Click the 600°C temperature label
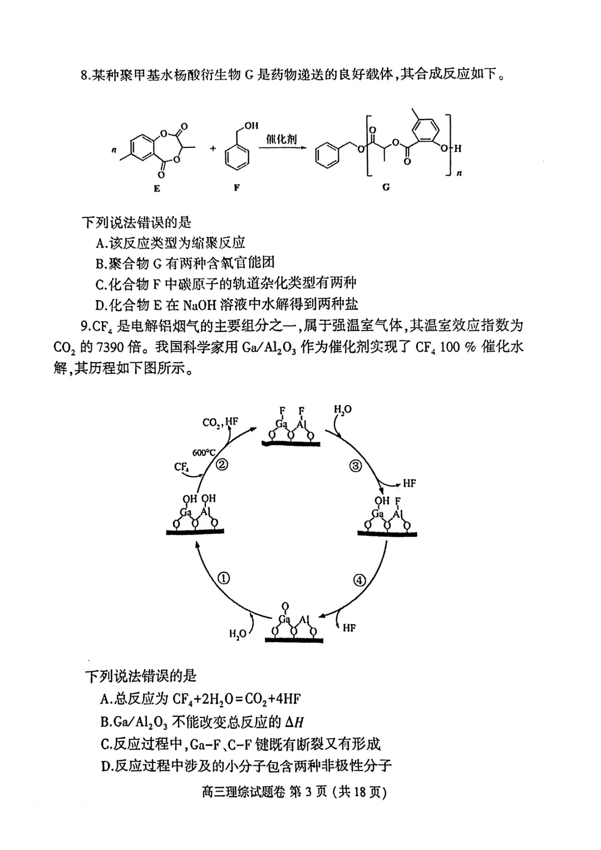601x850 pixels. [203, 452]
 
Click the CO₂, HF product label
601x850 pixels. [220, 422]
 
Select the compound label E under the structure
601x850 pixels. [157, 189]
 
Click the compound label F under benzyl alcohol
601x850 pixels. [237, 188]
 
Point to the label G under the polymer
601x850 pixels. [386, 187]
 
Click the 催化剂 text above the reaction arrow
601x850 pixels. [281, 139]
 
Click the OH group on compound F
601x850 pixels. [251, 126]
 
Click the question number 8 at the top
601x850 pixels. [84, 75]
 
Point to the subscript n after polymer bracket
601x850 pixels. [459, 174]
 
